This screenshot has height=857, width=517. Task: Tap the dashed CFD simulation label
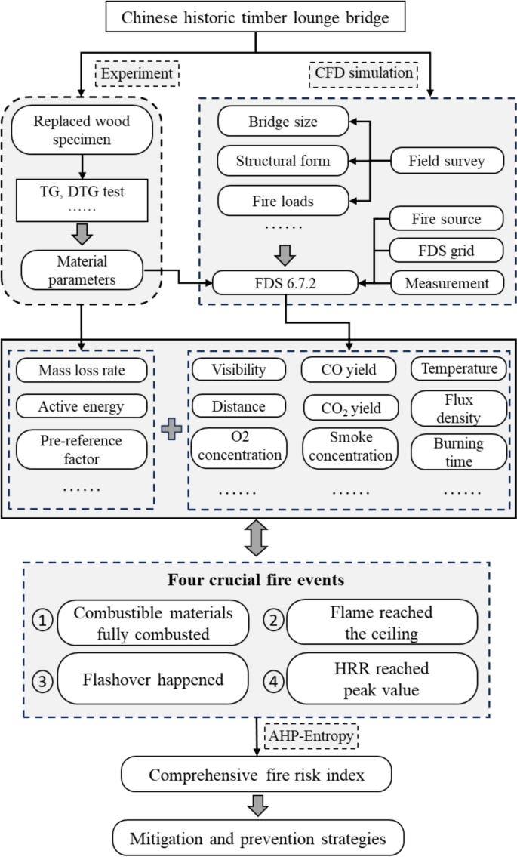coord(362,73)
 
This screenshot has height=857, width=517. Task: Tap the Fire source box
coord(446,220)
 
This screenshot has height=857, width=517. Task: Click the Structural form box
coord(283,160)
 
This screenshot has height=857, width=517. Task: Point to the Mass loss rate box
coord(82,370)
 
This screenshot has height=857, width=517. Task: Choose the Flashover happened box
coord(153,679)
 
